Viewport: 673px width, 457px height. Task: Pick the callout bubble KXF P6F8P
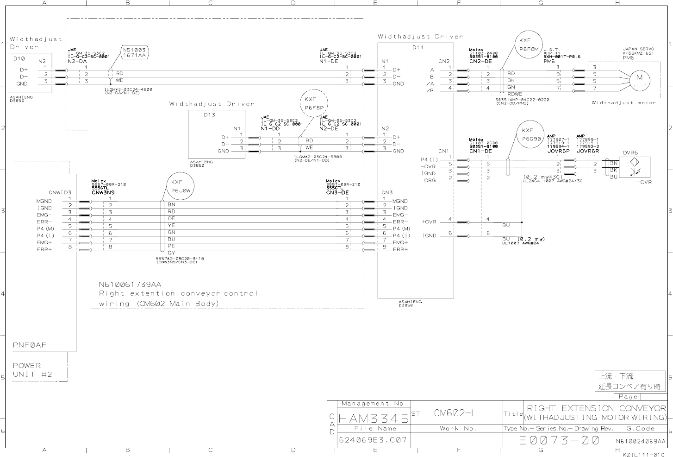(314, 103)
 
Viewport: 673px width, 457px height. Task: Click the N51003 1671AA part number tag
(134, 52)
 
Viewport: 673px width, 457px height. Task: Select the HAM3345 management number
(374, 419)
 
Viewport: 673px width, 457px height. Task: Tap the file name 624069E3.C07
(373, 440)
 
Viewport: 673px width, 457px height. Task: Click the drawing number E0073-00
(559, 440)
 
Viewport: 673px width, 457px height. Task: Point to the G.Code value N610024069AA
(640, 441)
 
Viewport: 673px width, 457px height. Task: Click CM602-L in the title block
(455, 413)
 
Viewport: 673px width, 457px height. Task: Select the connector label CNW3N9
(103, 192)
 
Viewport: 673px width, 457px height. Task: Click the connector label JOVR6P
(558, 151)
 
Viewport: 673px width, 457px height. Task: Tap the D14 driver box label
(418, 47)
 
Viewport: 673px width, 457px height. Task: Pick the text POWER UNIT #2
(32, 370)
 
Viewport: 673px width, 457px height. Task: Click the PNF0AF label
(29, 345)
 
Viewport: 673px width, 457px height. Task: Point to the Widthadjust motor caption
(623, 103)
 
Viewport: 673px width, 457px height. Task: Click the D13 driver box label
(209, 115)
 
